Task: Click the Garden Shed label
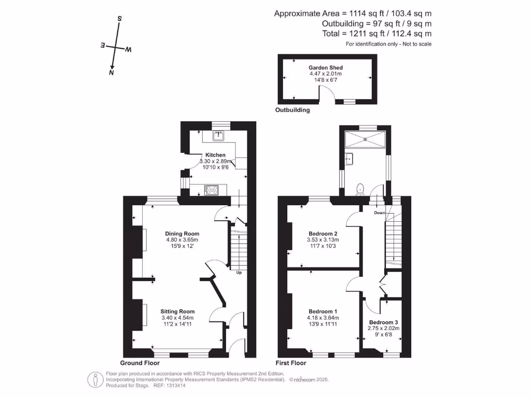point(326,67)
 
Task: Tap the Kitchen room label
point(215,155)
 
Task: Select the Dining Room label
point(182,233)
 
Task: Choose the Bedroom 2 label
point(323,233)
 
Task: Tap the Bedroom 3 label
point(384,322)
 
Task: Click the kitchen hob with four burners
point(212,190)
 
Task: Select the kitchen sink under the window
point(218,136)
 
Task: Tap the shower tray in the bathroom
point(366,138)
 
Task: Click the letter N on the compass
point(111,74)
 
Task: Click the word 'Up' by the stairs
point(239,273)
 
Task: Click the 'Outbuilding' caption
point(293,110)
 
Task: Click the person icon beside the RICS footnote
point(94,379)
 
